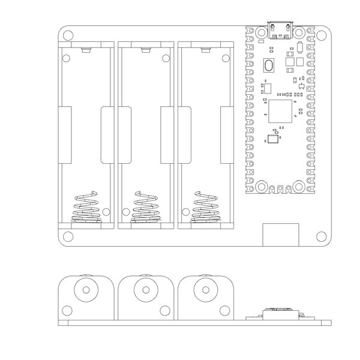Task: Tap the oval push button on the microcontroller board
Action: (269, 65)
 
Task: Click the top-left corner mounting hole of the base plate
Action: (68, 35)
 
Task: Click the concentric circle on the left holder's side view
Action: (86, 290)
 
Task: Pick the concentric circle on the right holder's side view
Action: (205, 290)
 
